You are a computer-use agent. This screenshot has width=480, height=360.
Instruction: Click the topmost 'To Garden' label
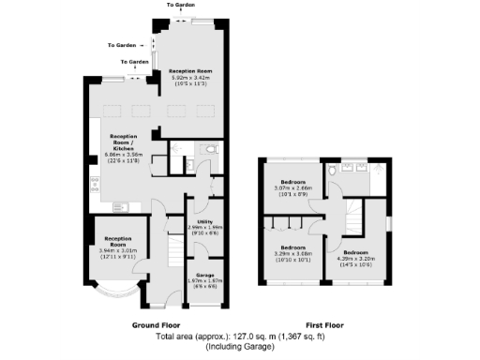pos(182,5)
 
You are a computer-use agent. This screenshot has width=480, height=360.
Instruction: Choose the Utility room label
pos(204,221)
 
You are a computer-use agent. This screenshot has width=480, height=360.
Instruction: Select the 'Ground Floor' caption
pos(156,324)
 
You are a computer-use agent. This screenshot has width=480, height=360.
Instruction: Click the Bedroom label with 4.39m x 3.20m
pos(356,253)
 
